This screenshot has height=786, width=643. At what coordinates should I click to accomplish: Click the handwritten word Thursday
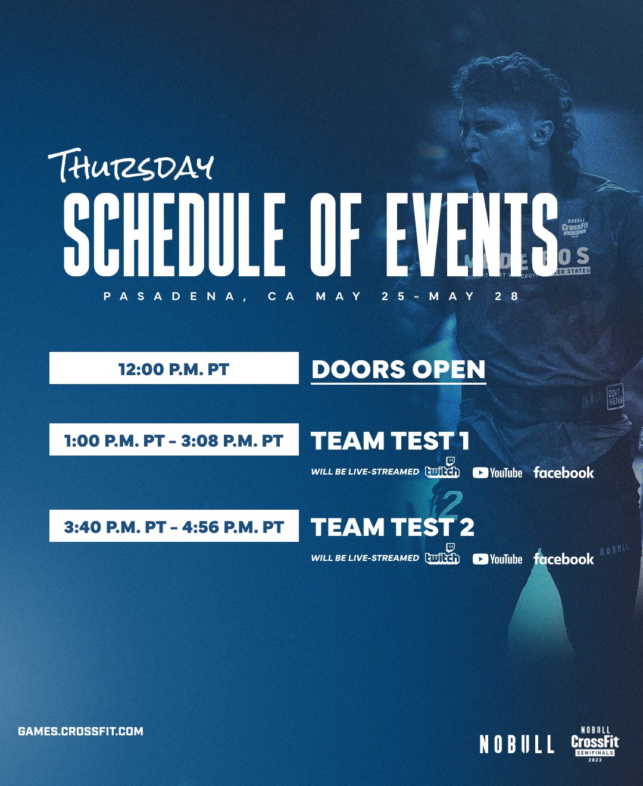coord(131,166)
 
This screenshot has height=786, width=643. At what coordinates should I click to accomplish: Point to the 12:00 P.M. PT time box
coord(174,369)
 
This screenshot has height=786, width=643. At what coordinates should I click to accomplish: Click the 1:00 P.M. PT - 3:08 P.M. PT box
coord(174,440)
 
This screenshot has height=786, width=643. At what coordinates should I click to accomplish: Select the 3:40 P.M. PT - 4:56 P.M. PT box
coord(174,526)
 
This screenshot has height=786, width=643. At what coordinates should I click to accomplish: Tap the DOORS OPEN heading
coord(398,369)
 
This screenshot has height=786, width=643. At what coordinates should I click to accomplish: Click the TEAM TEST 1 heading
coord(390,441)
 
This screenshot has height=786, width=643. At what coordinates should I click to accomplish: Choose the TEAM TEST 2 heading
coord(392,528)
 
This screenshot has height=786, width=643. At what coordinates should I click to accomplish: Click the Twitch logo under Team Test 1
coord(442,469)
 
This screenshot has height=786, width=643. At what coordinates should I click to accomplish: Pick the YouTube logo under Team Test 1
coord(497,473)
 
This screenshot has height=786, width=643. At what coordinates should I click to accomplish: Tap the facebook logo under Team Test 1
coord(563,473)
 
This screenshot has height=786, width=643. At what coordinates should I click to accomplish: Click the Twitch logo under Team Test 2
coord(442,556)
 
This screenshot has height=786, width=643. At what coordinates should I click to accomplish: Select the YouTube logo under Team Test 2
coord(497,559)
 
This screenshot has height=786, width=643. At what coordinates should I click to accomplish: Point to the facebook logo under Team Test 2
coord(563,559)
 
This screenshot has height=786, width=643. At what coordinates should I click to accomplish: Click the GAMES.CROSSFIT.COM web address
coord(80,731)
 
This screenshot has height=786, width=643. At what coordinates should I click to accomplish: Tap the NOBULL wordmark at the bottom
coord(517,744)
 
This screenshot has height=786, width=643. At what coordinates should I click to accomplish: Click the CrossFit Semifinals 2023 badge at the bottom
coord(595,744)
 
